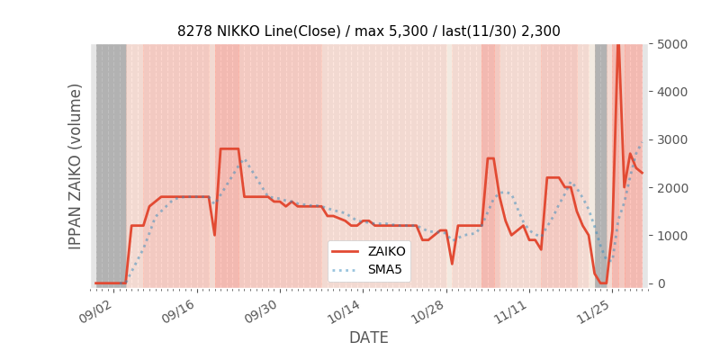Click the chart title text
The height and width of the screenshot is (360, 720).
click(x=368, y=31)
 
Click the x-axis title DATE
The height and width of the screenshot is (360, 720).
click(x=368, y=337)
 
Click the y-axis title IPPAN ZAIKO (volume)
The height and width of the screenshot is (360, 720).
click(x=76, y=166)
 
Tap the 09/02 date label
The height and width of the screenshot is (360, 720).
click(x=96, y=311)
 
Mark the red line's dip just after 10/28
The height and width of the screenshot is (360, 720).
click(x=452, y=264)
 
